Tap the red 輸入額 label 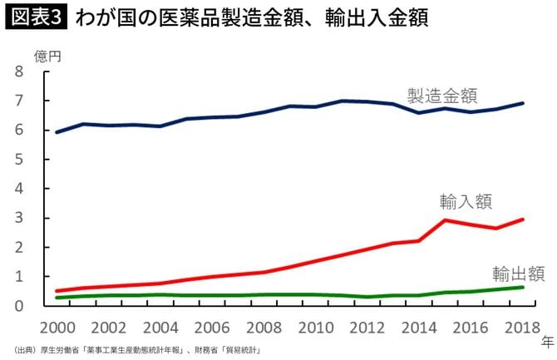[x=466, y=201]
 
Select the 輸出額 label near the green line [x=518, y=273]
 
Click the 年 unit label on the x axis [x=546, y=341]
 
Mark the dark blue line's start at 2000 [x=56, y=131]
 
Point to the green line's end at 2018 [x=523, y=287]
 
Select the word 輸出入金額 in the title [x=365, y=18]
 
